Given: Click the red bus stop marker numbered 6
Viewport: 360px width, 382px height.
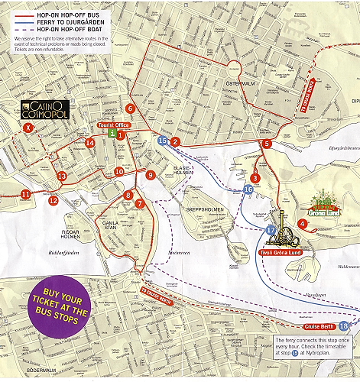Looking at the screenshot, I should pyautogui.click(x=131, y=108).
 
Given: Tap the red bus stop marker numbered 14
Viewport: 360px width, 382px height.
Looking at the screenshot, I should pyautogui.click(x=90, y=143).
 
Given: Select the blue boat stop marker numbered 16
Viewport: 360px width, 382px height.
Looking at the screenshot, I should pyautogui.click(x=248, y=189).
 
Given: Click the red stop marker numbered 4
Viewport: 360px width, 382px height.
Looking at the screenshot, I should pyautogui.click(x=303, y=224).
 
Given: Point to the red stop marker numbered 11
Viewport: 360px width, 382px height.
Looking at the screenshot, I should pyautogui.click(x=26, y=194).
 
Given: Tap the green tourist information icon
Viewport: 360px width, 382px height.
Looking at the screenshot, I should pyautogui.click(x=112, y=133).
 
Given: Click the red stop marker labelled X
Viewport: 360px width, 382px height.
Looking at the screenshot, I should pyautogui.click(x=30, y=128).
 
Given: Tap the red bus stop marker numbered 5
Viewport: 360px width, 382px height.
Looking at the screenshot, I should pyautogui.click(x=267, y=144).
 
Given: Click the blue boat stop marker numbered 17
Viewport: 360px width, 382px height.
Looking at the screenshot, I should pyautogui.click(x=271, y=230).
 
